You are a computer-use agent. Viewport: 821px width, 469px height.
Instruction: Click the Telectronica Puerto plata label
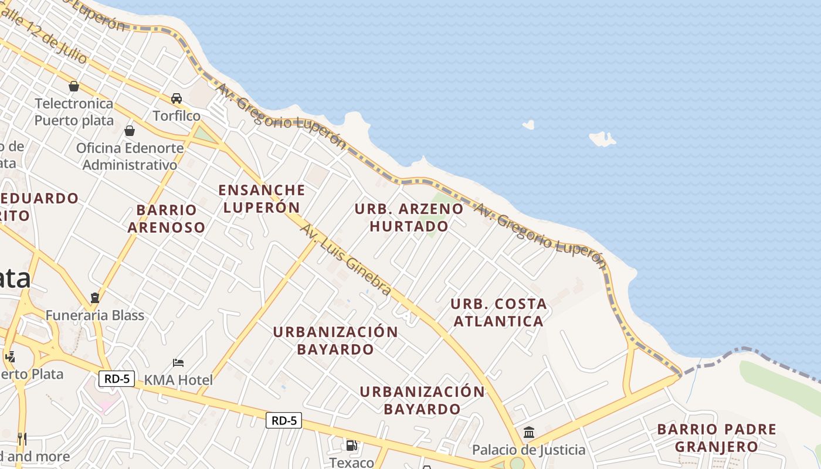74,112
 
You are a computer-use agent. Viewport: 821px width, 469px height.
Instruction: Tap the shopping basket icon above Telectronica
74,86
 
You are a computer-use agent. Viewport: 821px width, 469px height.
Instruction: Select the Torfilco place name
177,115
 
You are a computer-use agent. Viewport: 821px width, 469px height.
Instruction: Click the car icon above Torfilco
177,98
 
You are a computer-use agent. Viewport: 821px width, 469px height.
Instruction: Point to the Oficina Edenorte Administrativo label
130,157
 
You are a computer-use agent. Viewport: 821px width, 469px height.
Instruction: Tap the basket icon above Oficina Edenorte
130,130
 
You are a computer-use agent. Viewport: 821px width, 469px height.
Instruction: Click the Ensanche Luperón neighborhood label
262,198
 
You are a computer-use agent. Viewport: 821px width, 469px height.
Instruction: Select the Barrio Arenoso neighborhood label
167,218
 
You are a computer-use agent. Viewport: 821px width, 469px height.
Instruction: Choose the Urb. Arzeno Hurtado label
409,217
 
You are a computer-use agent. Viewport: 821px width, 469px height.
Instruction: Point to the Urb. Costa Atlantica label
498,312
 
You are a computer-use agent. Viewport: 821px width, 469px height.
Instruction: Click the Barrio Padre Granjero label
717,437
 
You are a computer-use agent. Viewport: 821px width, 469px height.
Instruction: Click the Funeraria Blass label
95,315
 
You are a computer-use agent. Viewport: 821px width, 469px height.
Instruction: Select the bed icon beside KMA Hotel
178,363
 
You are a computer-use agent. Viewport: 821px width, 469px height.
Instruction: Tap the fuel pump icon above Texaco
351,446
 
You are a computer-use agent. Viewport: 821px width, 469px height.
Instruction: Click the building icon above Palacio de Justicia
529,433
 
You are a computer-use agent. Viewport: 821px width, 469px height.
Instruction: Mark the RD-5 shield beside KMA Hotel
117,379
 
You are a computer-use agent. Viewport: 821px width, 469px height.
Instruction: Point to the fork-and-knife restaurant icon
22,439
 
